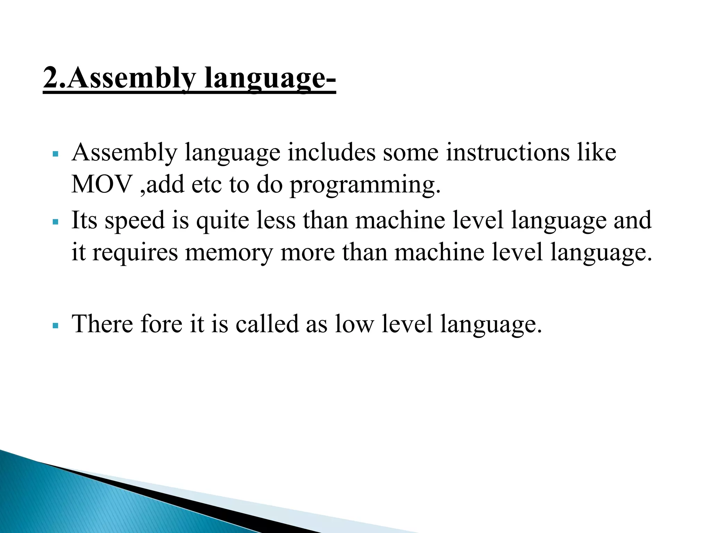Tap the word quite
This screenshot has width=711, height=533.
click(223, 221)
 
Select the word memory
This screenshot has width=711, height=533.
click(229, 253)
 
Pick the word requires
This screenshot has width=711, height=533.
click(135, 253)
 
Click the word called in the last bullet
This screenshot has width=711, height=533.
click(267, 324)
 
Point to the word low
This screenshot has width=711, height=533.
click(354, 324)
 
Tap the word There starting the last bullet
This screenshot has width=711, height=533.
click(102, 324)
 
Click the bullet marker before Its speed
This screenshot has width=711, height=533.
click(55, 221)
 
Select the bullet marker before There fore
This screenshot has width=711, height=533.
click(55, 325)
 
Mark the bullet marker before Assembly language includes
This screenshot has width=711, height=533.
click(55, 153)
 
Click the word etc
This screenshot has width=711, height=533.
click(207, 185)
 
